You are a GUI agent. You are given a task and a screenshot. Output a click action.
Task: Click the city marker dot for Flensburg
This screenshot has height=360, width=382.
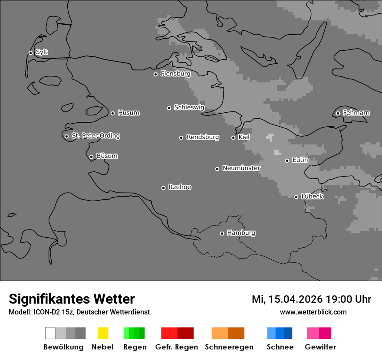click(155, 74)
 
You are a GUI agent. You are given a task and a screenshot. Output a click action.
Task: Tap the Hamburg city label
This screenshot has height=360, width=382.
click(241, 233)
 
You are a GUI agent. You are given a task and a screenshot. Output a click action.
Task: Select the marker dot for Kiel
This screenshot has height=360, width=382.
click(233, 137)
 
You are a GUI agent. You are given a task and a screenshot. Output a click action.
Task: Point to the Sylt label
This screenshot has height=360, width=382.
click(42, 52)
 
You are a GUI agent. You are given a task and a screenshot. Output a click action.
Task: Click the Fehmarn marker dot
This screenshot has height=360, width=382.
click(338, 114)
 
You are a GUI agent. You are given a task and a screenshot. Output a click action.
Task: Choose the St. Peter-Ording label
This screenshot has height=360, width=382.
click(95, 136)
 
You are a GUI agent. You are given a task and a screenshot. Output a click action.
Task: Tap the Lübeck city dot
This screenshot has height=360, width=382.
click(296, 197)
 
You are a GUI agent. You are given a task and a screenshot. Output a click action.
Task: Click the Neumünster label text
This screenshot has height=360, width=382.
click(241, 168)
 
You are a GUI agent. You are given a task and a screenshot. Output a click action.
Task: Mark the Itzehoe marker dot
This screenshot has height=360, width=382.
click(163, 188)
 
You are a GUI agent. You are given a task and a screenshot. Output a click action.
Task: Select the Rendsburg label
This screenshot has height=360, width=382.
click(202, 137)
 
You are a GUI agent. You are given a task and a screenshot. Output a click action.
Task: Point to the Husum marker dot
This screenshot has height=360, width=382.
click(112, 113)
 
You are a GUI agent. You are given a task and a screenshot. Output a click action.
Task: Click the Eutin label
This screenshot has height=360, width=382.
click(300, 160)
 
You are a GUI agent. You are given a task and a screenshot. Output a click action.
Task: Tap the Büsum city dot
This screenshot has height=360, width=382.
click(91, 157)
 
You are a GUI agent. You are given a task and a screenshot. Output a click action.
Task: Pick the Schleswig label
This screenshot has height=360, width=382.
click(189, 107)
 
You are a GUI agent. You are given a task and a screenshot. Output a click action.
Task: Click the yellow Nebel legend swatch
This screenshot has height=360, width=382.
click(103, 333)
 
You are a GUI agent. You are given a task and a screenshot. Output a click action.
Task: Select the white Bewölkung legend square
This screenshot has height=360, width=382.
click(50, 333)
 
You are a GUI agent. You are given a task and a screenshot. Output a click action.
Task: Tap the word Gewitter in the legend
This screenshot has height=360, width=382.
click(320, 347)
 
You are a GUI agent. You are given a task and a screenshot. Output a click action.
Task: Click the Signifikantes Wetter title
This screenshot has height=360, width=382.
click(72, 299)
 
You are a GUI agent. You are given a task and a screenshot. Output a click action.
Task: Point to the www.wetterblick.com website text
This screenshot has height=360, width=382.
click(313, 312)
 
